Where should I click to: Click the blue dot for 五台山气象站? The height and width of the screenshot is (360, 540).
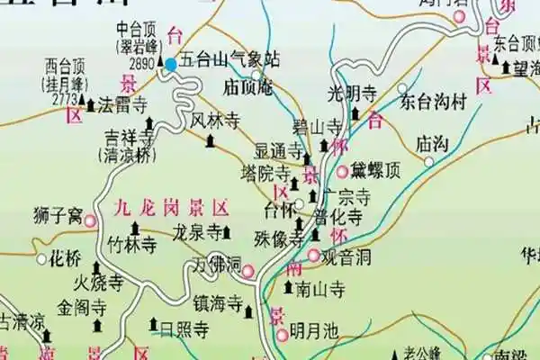(x=171, y=64)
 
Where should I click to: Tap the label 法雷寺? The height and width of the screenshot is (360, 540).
(x=127, y=105)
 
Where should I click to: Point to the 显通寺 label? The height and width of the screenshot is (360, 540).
(x=275, y=149)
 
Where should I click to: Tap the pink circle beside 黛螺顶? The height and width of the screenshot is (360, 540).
(x=343, y=171)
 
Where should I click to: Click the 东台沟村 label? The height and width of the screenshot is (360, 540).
(x=436, y=101)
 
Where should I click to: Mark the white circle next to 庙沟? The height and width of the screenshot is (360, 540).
(x=429, y=162)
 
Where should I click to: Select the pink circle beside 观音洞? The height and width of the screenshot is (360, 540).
(x=313, y=256)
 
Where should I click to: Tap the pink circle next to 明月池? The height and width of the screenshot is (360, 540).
(x=283, y=334)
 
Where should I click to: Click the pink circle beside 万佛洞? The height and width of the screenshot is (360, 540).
(x=247, y=269)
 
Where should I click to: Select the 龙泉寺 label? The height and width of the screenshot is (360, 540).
(x=196, y=231)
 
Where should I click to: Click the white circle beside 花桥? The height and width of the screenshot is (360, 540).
(x=41, y=259)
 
